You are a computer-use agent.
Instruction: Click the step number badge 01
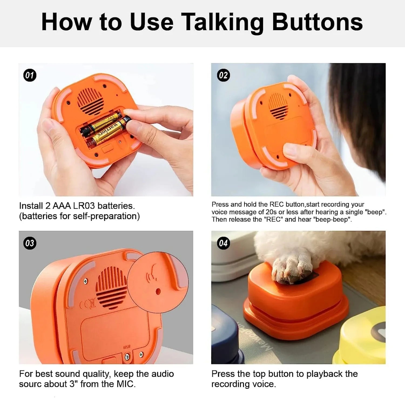30,75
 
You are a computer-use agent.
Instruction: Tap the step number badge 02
223,75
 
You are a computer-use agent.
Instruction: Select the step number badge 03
30,243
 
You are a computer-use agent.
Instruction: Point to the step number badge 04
223,243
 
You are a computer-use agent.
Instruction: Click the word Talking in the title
222,22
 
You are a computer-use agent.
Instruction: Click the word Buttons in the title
317,22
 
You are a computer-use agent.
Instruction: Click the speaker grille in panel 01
90,101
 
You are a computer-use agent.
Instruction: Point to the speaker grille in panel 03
112,288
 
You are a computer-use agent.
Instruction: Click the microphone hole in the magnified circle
158,291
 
